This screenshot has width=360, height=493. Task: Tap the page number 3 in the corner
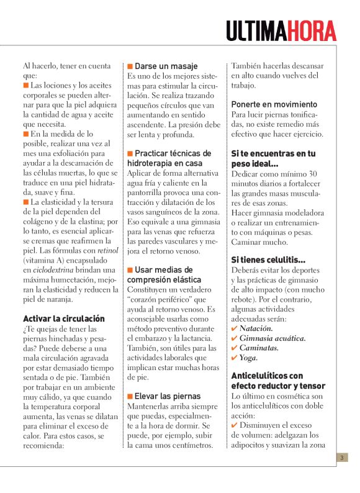tap(342, 458)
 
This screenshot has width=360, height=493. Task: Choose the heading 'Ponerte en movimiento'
tap(274, 104)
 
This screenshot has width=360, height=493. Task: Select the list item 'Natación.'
tap(256, 328)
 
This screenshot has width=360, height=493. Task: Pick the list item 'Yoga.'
tap(248, 358)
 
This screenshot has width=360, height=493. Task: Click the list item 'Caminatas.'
tap(259, 348)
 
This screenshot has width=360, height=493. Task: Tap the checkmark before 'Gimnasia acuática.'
tap(234, 338)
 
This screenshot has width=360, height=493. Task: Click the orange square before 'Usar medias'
tap(130, 269)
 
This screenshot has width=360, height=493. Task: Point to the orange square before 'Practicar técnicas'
tap(130, 153)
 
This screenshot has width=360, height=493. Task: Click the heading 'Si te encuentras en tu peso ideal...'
tap(273, 158)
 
